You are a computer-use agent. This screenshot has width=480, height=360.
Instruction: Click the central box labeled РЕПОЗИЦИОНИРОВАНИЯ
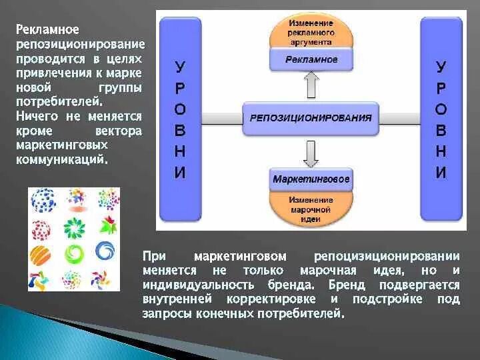(x=311, y=117)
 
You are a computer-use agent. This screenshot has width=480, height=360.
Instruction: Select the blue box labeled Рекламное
(x=311, y=60)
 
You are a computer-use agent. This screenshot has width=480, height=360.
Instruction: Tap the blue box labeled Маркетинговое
(x=311, y=179)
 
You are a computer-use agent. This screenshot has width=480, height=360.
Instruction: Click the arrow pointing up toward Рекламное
(x=311, y=86)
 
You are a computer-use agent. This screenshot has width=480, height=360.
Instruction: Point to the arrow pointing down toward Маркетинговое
(x=311, y=151)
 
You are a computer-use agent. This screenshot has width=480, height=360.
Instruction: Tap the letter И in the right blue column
(x=441, y=173)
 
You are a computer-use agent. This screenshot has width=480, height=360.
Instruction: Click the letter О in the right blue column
(x=441, y=109)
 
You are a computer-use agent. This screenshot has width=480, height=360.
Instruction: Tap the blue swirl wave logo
(x=106, y=251)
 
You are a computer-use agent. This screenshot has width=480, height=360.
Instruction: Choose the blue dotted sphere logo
(x=43, y=199)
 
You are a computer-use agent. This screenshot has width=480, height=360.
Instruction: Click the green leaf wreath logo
(x=73, y=227)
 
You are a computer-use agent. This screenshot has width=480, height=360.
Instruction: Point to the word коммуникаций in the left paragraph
(x=61, y=159)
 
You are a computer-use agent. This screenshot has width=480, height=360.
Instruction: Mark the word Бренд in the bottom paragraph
(x=347, y=285)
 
